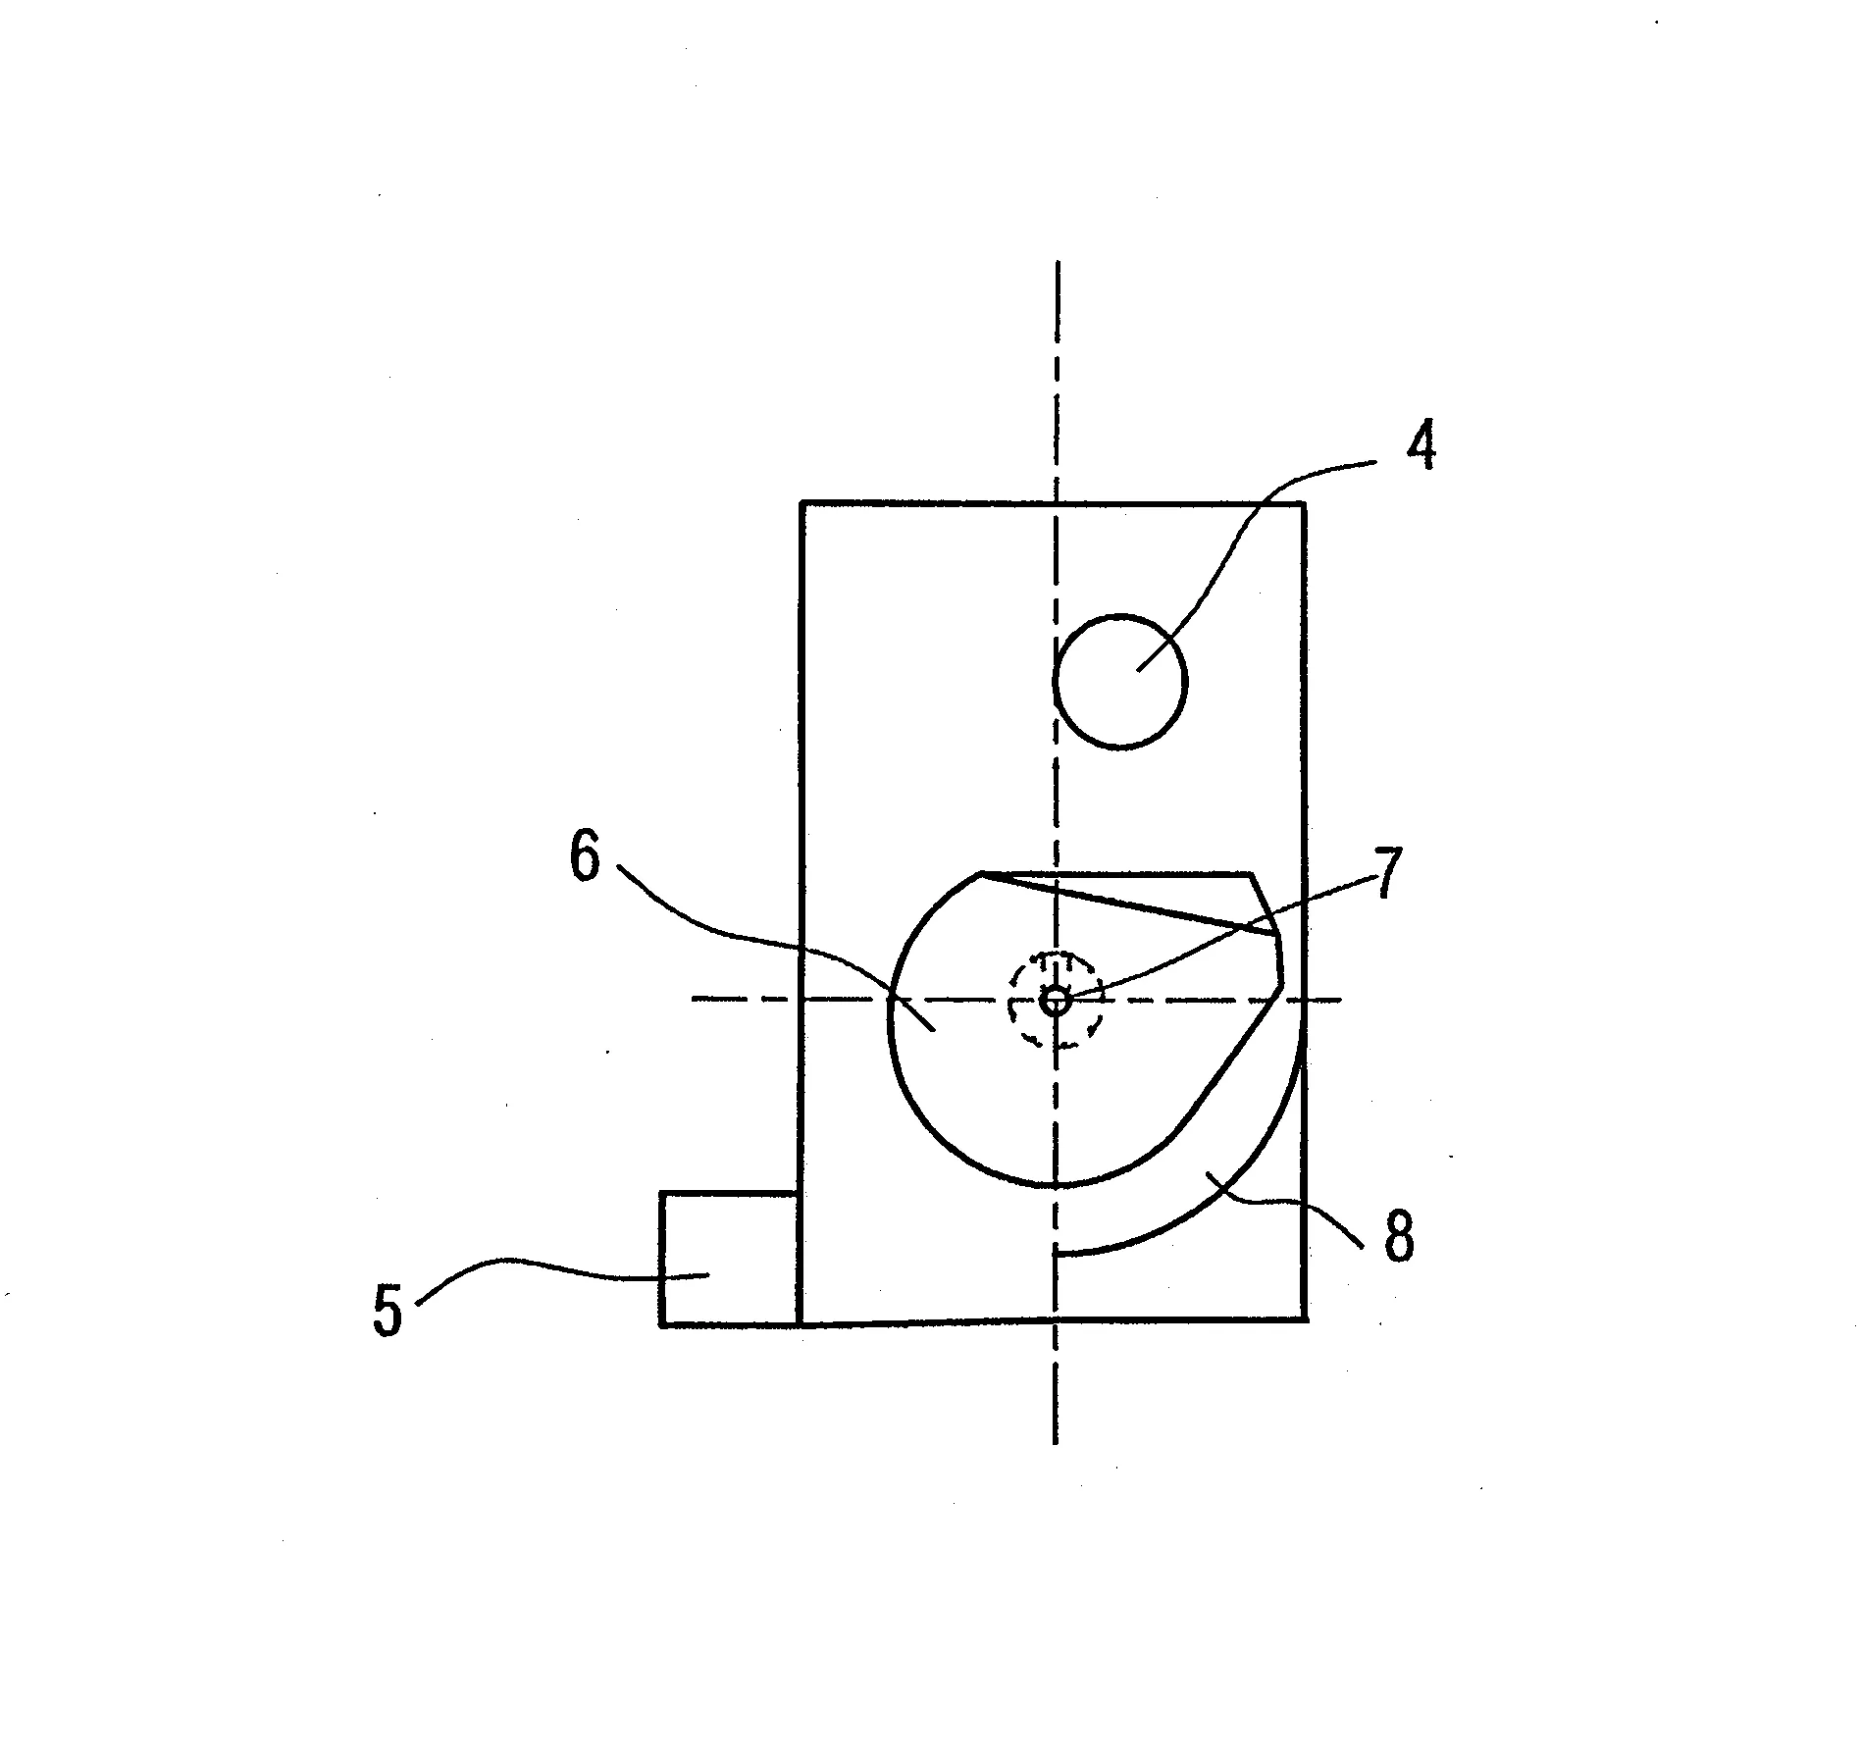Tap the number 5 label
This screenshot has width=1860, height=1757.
click(x=387, y=1311)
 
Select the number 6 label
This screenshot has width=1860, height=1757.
click(x=585, y=857)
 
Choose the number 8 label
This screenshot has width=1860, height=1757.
click(x=1399, y=1236)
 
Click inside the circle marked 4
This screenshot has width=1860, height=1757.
click(x=1119, y=682)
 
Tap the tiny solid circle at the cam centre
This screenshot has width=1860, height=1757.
click(x=1056, y=1001)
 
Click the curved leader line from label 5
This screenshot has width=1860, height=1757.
click(x=559, y=1266)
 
